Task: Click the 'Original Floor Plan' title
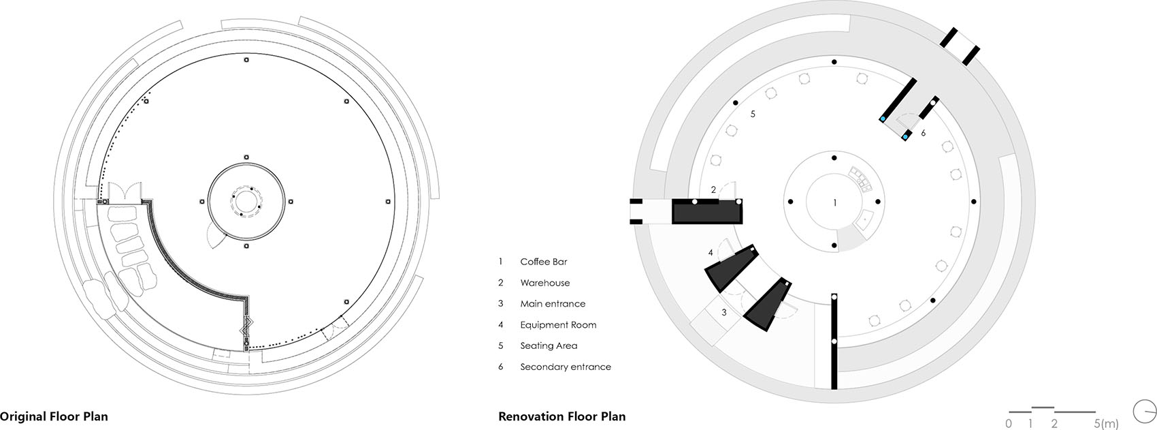point(54,416)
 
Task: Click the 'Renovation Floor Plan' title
point(561,416)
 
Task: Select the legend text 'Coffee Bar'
point(543,262)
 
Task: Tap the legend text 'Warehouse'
point(544,283)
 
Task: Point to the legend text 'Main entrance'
point(553,304)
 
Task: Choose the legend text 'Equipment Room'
point(558,325)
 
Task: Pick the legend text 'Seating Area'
point(549,346)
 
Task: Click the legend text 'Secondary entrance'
point(566,367)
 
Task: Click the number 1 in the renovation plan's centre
point(835,202)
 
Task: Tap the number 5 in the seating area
point(752,114)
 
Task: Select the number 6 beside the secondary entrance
point(923,134)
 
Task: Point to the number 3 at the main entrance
point(724,312)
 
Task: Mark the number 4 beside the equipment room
point(711,253)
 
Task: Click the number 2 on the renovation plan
point(713,190)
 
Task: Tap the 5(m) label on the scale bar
point(1105,424)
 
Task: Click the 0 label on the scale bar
point(1008,424)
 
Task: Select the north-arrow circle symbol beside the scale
point(1145,411)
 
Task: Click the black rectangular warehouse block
point(706,211)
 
